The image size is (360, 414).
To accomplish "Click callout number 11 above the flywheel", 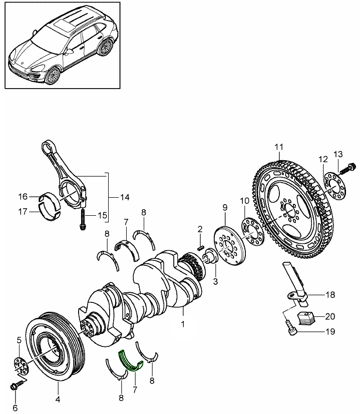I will (x=279, y=147).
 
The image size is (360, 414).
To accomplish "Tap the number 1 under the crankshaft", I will (x=183, y=323).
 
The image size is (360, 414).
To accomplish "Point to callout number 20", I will (x=329, y=316).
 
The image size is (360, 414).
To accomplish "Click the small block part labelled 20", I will (x=305, y=318).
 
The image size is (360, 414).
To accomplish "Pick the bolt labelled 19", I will (x=290, y=328).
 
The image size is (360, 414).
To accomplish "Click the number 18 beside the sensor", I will (x=329, y=295).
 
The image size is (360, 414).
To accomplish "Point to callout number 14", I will (x=124, y=197).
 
